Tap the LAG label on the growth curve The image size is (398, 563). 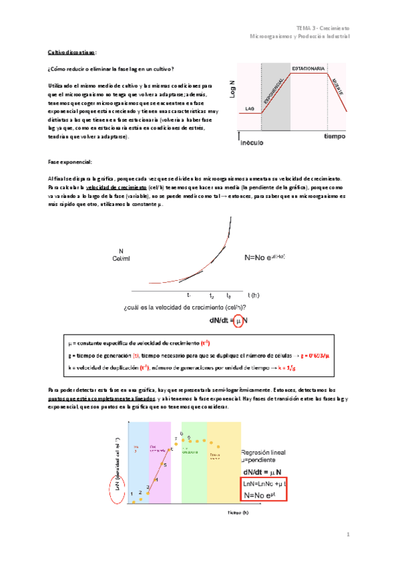click(249, 107)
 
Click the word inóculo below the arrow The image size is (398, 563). click(253, 141)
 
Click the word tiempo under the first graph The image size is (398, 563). click(334, 136)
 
